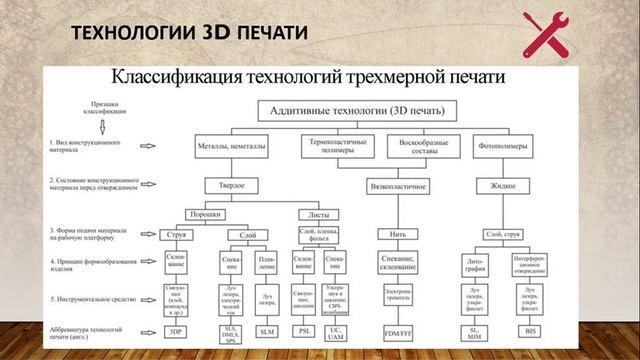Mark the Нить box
391,234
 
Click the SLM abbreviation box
266,330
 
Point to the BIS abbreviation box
532,330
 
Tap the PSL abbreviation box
304,330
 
